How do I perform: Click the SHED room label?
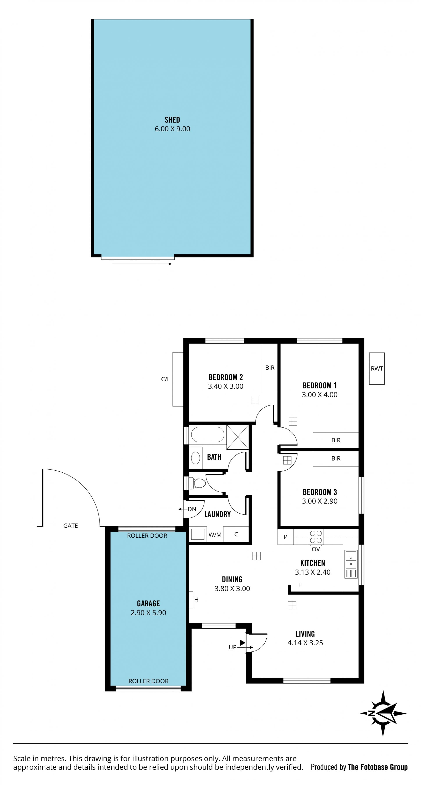172,120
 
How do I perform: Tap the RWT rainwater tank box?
377,368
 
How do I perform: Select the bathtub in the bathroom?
207,434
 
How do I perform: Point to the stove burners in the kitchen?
316,537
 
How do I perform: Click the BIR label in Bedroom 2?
270,368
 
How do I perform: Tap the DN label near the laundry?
192,509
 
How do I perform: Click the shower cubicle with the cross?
238,437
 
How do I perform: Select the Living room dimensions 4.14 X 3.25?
305,643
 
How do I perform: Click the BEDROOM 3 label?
320,492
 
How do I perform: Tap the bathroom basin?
195,458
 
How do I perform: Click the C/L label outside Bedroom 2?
166,379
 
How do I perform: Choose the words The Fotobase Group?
378,767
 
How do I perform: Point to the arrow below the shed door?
142,264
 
